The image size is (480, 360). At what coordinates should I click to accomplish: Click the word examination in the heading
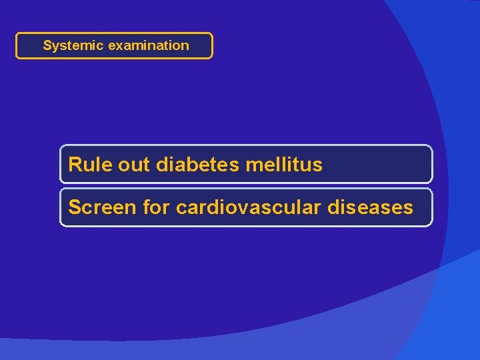(149, 46)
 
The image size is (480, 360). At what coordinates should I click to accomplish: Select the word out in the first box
(135, 164)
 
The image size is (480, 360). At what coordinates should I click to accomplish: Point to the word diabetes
(198, 164)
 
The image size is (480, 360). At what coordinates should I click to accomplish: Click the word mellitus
(285, 164)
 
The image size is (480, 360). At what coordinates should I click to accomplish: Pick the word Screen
(103, 207)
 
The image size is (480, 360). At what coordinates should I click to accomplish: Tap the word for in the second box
(157, 207)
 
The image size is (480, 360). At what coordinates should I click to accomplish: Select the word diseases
(371, 207)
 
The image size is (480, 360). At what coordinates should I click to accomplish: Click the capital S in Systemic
(47, 46)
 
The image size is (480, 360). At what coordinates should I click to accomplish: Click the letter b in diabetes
(189, 164)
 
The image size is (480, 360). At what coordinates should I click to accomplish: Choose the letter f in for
(147, 207)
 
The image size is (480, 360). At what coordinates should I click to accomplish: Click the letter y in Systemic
(55, 47)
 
